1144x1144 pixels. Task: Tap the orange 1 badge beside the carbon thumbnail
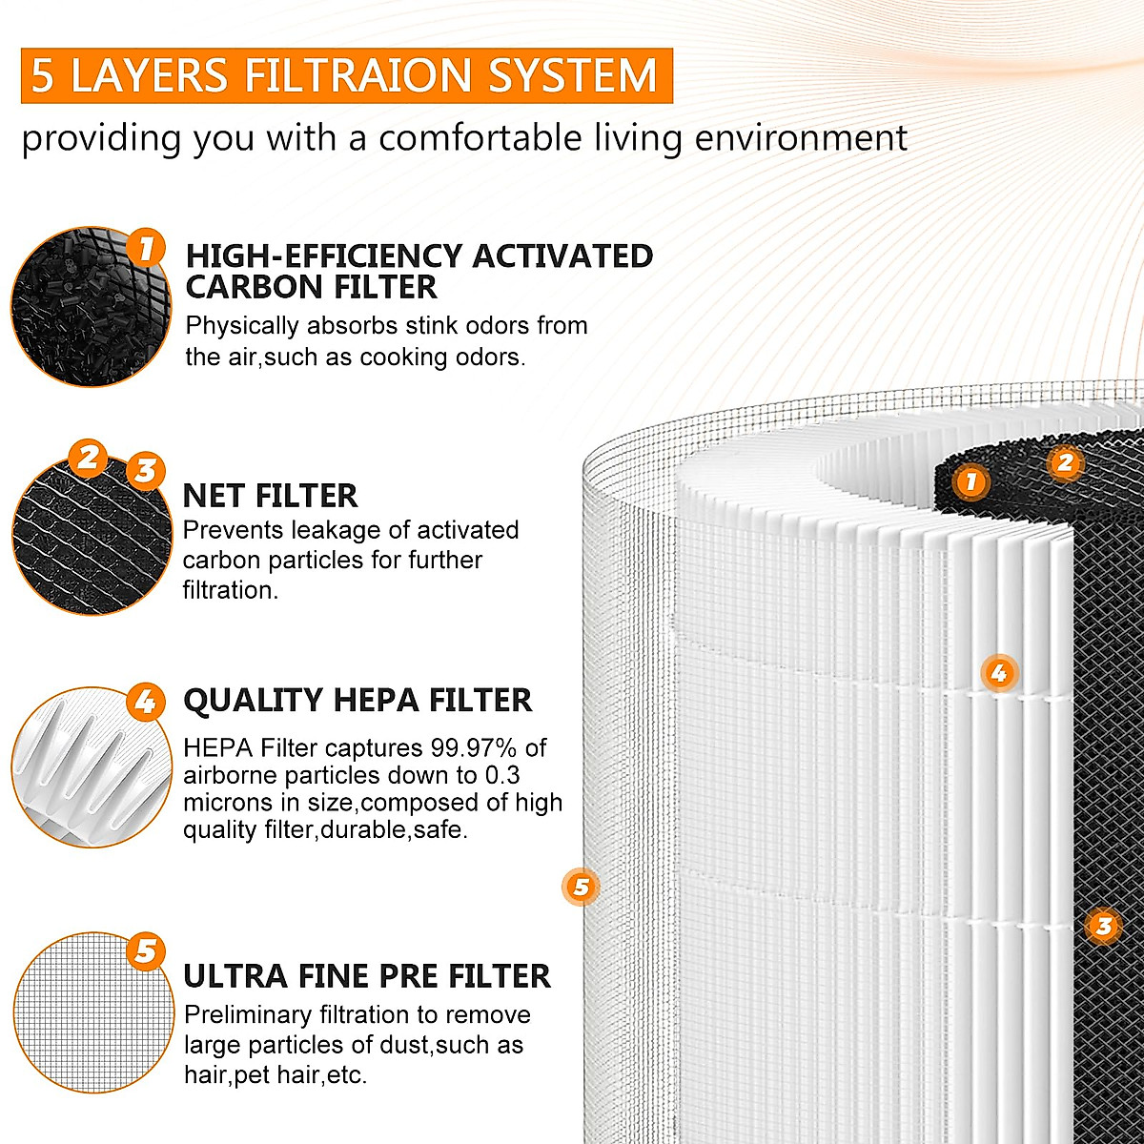(x=146, y=250)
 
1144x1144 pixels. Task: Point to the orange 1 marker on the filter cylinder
(x=970, y=481)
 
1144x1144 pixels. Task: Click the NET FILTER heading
(x=270, y=496)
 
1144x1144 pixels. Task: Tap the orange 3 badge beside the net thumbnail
(x=146, y=470)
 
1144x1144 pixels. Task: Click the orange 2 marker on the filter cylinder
(x=1064, y=463)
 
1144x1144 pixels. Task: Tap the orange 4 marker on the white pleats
(x=998, y=674)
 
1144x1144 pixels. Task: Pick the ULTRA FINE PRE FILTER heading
(x=367, y=976)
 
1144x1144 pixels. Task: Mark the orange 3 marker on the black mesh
(x=1103, y=925)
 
